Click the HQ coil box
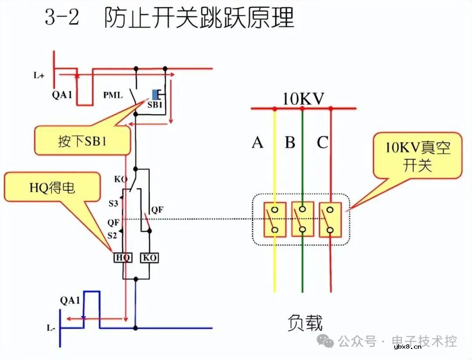(x=123, y=258)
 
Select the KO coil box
(x=149, y=258)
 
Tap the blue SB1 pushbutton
(x=155, y=94)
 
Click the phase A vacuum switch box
(x=274, y=219)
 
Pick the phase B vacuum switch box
(x=302, y=219)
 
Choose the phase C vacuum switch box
(x=330, y=219)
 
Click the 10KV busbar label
(x=303, y=99)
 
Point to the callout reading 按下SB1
(x=82, y=141)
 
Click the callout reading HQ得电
(x=52, y=188)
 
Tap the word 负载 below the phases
(x=305, y=323)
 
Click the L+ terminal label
(x=39, y=75)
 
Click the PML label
(x=113, y=95)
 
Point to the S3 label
(x=113, y=203)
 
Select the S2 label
(x=113, y=236)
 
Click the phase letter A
(x=257, y=143)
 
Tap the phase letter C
(x=323, y=143)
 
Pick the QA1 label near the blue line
(x=70, y=301)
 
